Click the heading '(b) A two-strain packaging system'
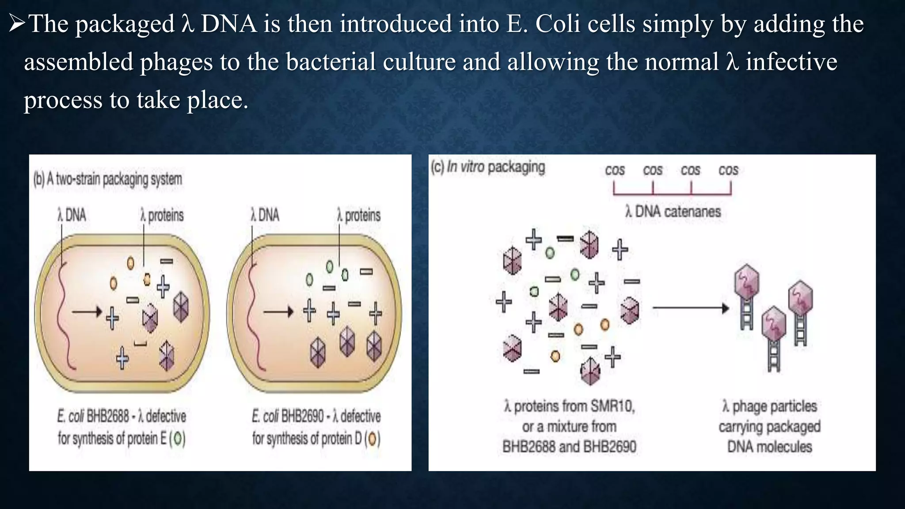click(x=107, y=179)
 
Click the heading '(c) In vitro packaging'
click(x=488, y=167)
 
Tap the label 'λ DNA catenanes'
click(x=673, y=212)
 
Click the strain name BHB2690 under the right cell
click(x=302, y=416)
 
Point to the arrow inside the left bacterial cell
click(x=87, y=312)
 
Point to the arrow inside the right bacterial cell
click(x=278, y=312)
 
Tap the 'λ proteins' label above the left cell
click(x=162, y=216)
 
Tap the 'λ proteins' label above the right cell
click(x=358, y=216)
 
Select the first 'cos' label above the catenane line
click(x=615, y=170)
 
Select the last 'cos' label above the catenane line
click(x=728, y=170)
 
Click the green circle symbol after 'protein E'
click(x=178, y=439)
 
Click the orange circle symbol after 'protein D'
click(x=373, y=439)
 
